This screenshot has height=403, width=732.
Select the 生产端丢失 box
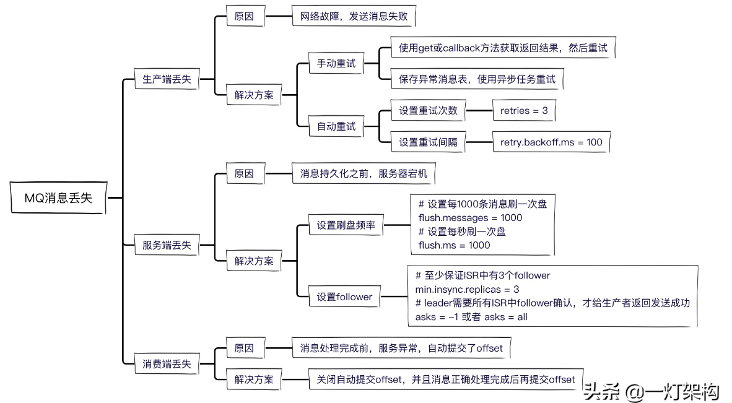(x=167, y=79)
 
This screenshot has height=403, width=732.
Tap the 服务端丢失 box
(x=167, y=245)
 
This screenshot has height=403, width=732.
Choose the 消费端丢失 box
(x=167, y=363)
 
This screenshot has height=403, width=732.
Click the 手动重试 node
(x=336, y=64)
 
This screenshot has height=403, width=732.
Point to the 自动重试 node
(x=336, y=126)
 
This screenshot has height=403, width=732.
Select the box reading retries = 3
(x=523, y=111)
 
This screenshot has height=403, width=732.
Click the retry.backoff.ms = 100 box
(x=551, y=142)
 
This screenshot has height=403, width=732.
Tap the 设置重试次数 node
(x=428, y=111)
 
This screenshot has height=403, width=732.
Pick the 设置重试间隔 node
(x=428, y=142)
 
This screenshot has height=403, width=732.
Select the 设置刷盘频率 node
(x=346, y=226)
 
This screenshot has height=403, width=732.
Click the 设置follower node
(x=344, y=297)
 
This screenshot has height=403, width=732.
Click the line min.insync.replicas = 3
(x=467, y=289)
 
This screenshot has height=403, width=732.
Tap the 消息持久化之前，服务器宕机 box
(x=364, y=174)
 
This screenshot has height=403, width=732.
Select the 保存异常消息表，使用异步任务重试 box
(x=477, y=79)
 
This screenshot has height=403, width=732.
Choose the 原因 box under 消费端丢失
(x=243, y=348)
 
